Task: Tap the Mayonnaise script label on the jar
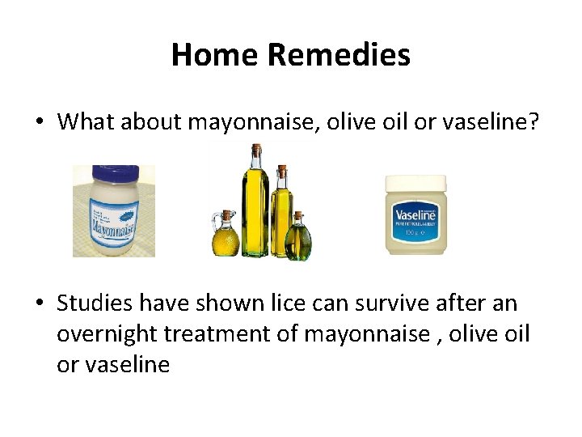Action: (x=113, y=218)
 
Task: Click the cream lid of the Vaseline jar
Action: (x=415, y=184)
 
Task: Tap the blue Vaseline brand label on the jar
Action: (x=415, y=217)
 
